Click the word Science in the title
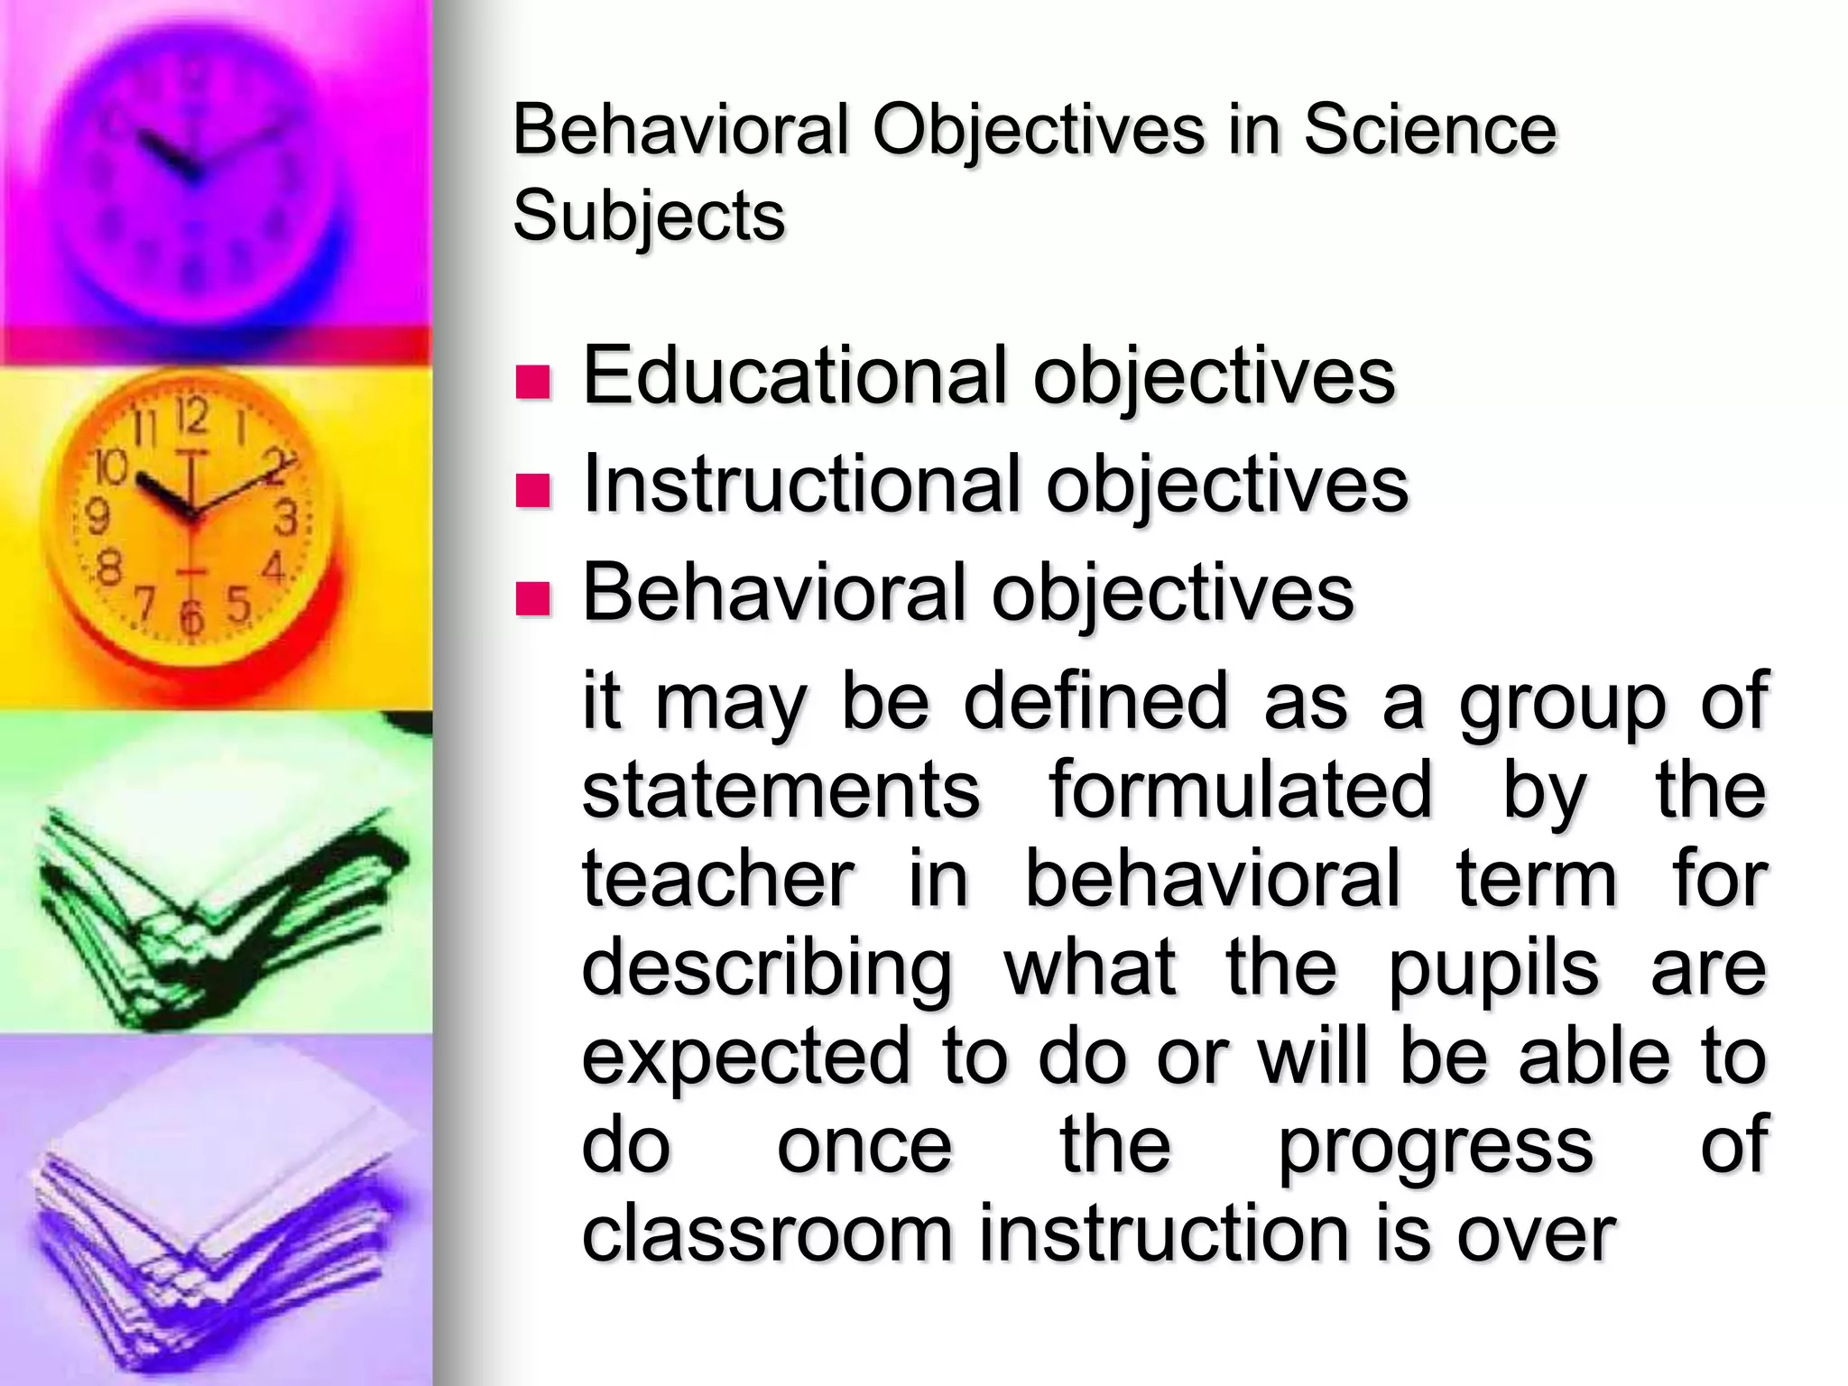pos(1429,131)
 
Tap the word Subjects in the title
pos(649,217)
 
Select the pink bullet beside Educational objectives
pos(532,382)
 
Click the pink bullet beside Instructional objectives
pos(532,490)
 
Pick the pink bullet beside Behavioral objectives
pos(532,598)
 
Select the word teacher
pos(717,879)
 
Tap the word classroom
pos(767,1234)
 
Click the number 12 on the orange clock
pos(192,417)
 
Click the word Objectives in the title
pos(1038,131)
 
